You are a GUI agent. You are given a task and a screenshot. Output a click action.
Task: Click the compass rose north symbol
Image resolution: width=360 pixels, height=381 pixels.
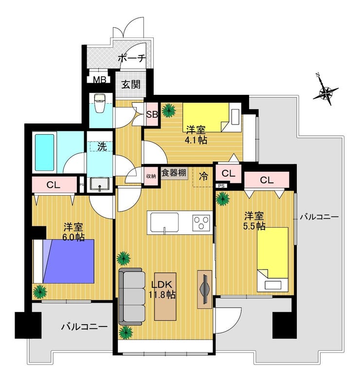325,91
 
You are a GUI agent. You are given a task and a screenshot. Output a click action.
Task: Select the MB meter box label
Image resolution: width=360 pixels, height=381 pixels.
100,80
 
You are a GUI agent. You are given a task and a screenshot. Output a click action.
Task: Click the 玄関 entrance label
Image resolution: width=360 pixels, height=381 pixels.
131,84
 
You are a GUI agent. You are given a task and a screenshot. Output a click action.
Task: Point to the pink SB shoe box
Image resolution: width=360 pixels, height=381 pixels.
152,114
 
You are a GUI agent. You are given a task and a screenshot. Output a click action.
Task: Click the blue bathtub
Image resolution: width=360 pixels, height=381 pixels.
44,152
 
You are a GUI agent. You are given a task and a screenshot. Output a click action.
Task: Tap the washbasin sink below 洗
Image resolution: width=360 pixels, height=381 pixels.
100,184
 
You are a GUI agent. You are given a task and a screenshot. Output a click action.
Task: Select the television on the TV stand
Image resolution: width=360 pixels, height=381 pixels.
205,289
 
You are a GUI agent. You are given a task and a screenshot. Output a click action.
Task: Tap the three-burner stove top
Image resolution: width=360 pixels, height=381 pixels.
201,222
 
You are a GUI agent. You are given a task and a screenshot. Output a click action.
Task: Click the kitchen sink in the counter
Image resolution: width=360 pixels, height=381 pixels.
164,222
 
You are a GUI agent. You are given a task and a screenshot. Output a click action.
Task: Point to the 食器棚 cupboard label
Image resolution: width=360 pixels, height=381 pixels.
174,173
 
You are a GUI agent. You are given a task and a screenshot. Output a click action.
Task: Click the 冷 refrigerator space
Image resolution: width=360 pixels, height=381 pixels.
203,177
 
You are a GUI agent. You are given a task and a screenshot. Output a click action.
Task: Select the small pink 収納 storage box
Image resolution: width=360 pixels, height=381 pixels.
151,176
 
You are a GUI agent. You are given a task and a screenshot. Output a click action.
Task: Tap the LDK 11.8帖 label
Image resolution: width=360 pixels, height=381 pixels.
162,289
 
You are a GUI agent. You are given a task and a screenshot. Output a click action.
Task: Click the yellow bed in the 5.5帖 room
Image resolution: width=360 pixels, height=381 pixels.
272,259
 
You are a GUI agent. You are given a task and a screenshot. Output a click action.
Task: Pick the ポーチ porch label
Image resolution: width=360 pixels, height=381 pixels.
131,58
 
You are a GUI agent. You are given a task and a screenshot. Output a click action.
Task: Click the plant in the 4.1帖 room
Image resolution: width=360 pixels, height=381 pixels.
169,110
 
